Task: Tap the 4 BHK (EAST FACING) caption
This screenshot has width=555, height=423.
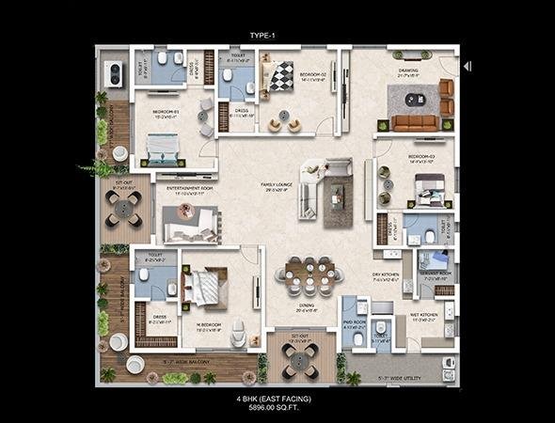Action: coord(274,399)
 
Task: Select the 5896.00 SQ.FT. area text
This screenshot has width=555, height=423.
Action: coord(274,408)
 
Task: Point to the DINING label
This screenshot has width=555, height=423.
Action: coord(307,305)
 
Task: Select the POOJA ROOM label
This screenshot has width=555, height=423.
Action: coord(353,325)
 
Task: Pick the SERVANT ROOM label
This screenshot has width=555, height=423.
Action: coord(438,276)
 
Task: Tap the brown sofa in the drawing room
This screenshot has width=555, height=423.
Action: coord(413,122)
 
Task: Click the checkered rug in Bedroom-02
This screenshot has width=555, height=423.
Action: coord(281,75)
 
